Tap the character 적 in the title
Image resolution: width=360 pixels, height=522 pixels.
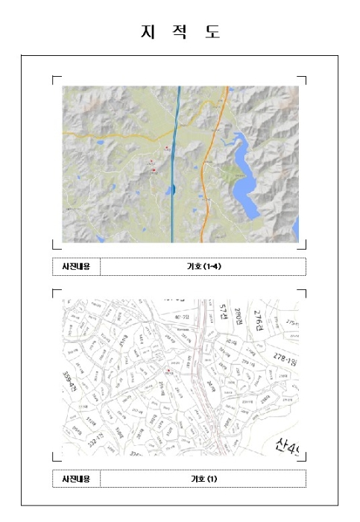click(180, 32)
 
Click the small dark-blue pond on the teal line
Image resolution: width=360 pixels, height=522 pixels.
click(172, 191)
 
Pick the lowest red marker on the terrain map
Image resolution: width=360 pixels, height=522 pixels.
click(154, 170)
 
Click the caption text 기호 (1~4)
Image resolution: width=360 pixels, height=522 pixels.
click(203, 266)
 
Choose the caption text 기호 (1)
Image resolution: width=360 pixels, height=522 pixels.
click(203, 478)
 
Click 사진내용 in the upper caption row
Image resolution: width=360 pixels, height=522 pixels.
click(76, 266)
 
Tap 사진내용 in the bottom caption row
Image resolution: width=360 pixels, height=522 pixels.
click(76, 478)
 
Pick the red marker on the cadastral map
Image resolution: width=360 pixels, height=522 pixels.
click(170, 370)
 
